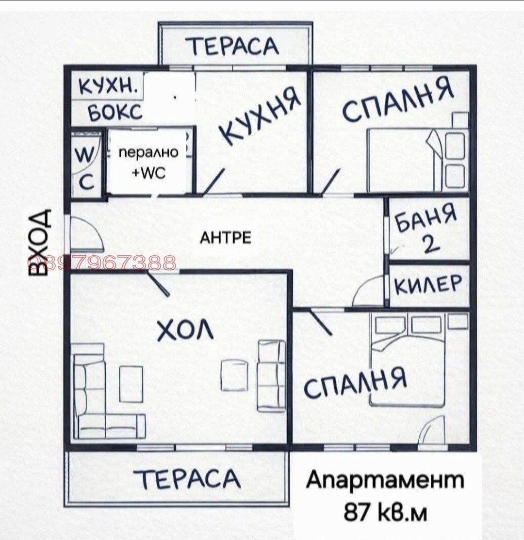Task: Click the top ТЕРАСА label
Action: (234, 46)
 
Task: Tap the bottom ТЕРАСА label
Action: (190, 479)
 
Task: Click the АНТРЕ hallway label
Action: (226, 238)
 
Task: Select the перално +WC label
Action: (149, 163)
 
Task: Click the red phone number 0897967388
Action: (102, 262)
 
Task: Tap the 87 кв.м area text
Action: (385, 511)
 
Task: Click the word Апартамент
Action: (385, 480)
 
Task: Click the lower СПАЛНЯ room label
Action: (355, 383)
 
